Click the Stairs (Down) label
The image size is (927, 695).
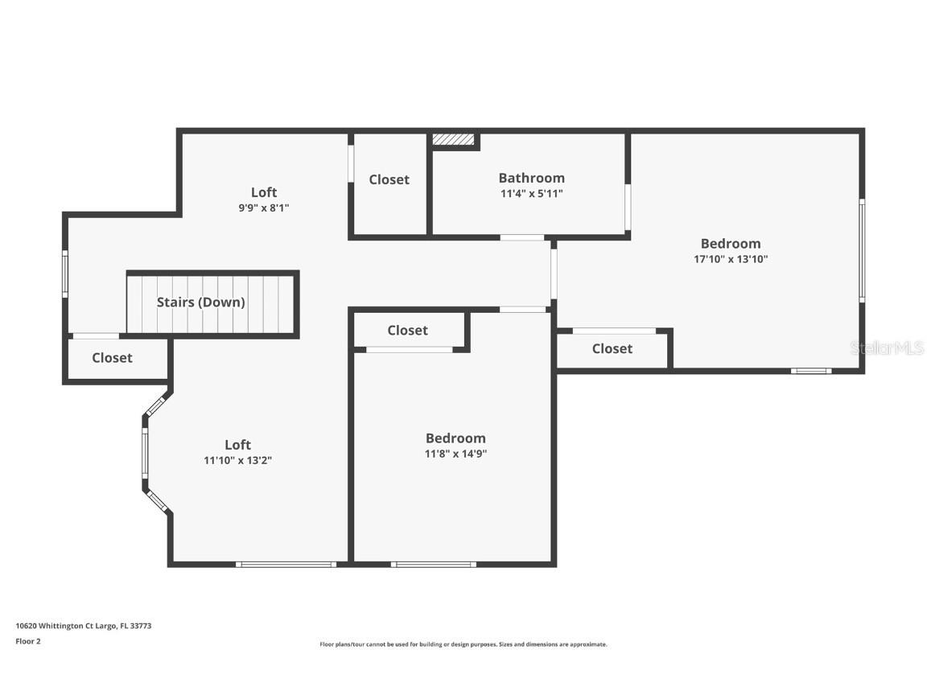[200, 302]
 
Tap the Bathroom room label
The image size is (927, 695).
[531, 178]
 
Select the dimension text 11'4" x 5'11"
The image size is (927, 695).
[531, 193]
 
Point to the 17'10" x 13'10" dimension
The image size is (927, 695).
[730, 259]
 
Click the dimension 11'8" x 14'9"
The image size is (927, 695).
[455, 454]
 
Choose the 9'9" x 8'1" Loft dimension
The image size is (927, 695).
[263, 208]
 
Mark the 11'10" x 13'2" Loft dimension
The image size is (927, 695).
[237, 460]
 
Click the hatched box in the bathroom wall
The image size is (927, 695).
[453, 140]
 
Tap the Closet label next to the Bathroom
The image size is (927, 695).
[389, 179]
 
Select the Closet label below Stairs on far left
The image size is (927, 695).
[112, 358]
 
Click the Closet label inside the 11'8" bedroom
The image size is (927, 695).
[407, 330]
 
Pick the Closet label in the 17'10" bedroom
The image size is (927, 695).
[612, 348]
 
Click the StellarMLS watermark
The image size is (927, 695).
[887, 347]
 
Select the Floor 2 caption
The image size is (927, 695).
[27, 641]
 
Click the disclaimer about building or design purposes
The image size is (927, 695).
[463, 644]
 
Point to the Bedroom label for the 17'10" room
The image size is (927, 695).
[730, 244]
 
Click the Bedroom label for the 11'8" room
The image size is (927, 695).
[455, 438]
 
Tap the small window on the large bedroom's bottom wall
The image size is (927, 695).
[810, 371]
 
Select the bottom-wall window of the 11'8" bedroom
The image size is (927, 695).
[433, 564]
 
